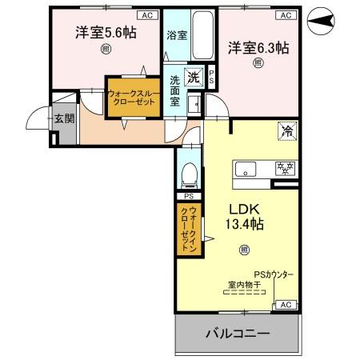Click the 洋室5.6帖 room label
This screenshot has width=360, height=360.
tap(105, 34)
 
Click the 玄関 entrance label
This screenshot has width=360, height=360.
tap(63, 118)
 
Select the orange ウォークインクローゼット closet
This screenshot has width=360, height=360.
tap(190, 230)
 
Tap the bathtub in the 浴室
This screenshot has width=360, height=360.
tap(203, 36)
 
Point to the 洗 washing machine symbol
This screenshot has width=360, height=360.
tap(194, 78)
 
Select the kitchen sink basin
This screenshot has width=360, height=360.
tap(245, 168)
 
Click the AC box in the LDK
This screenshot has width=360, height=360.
tap(286, 305)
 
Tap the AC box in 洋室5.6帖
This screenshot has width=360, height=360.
tap(146, 15)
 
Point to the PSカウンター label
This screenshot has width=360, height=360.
tap(273, 275)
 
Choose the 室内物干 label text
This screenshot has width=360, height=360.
tap(245, 285)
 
